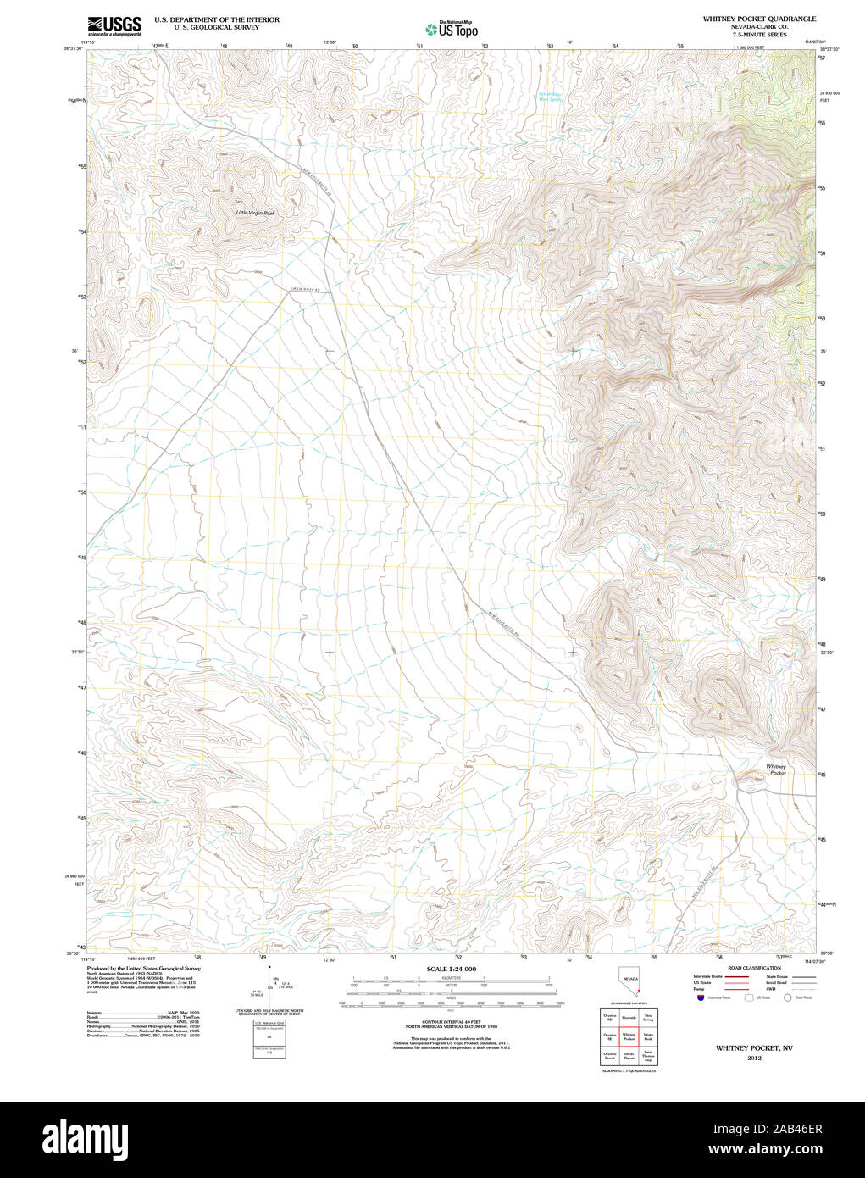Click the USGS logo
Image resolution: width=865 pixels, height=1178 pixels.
tap(114, 25)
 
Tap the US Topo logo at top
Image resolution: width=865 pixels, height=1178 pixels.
tap(452, 30)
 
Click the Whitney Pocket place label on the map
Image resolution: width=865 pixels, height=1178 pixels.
tap(776, 770)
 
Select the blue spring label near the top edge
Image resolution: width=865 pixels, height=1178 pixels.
tap(551, 97)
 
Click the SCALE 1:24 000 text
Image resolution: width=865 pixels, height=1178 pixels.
tap(451, 969)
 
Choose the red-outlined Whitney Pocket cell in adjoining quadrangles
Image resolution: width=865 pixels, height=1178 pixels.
tap(629, 1036)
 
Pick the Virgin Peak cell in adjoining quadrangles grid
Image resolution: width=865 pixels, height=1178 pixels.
tap(648, 1036)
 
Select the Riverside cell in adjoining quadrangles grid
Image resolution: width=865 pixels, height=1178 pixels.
tap(629, 1017)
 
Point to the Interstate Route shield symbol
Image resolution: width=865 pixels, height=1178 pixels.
tap(699, 997)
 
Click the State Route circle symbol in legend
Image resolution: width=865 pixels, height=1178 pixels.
tap(787, 997)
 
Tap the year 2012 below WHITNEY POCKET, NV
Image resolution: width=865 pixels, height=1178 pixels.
tap(754, 1058)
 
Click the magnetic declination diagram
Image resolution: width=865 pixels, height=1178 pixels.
tap(271, 986)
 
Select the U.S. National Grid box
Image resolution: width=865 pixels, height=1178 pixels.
tap(269, 1038)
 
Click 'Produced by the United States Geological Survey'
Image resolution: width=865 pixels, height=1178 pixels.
tap(143, 968)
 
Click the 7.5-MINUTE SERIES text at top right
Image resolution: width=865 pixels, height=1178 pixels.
tap(759, 35)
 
